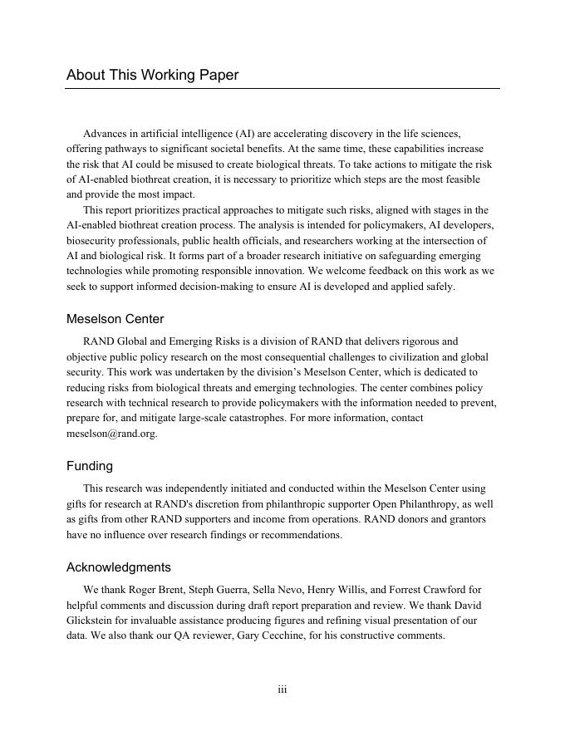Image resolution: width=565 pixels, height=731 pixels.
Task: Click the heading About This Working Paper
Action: (152, 75)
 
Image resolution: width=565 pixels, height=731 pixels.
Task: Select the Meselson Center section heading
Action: (115, 319)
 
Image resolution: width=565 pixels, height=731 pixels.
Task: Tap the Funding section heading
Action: (90, 466)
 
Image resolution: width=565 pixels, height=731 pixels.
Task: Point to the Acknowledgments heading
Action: (119, 567)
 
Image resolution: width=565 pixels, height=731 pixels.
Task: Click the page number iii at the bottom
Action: (282, 689)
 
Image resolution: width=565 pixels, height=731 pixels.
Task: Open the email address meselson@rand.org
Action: (111, 434)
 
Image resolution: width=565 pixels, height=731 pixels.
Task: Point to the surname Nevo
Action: (309, 590)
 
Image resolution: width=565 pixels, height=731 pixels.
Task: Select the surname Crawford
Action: (457, 590)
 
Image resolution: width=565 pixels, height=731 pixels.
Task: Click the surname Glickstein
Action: (95, 621)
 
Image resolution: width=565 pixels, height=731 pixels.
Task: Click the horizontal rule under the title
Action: (282, 88)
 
